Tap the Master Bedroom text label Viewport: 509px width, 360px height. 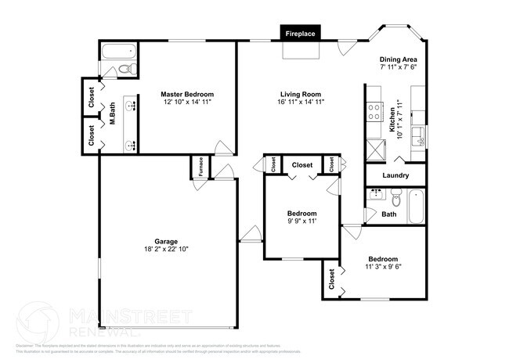(187, 93)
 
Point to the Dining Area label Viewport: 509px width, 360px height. (398, 59)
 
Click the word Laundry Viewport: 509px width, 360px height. (395, 175)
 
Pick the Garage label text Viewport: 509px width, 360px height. (166, 240)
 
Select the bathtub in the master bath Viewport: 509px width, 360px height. (120, 55)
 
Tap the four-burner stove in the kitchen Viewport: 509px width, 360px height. (374, 111)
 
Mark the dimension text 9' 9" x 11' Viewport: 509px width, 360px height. (301, 221)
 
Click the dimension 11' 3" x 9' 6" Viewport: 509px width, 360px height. (383, 267)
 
